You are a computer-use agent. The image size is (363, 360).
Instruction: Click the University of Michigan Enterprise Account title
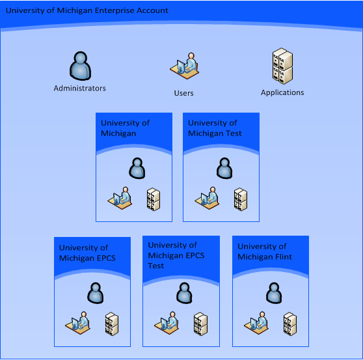[x=87, y=10]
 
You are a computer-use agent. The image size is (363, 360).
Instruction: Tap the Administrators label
[x=79, y=89]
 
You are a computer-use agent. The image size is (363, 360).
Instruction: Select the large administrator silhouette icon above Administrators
[x=80, y=66]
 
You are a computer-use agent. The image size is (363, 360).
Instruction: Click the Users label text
[x=183, y=93]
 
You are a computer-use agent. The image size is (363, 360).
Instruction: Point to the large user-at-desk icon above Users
[x=185, y=66]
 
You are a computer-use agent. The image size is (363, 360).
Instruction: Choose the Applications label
[x=282, y=92]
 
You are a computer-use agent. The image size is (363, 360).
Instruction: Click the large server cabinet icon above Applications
[x=282, y=66]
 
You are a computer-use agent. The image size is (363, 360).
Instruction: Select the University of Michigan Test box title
[x=215, y=128]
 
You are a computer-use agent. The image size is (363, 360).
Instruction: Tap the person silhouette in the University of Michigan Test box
[x=224, y=168]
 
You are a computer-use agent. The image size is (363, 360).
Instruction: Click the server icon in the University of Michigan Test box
[x=241, y=199]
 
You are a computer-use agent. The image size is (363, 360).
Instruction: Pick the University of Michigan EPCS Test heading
[x=176, y=255]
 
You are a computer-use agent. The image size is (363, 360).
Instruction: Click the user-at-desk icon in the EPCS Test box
[x=167, y=323]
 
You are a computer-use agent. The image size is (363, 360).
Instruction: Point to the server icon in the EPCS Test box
[x=200, y=324]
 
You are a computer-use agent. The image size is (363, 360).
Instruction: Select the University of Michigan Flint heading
[x=265, y=251]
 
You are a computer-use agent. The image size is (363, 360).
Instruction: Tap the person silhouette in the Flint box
[x=274, y=293]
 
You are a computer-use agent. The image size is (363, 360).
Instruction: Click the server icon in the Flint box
[x=290, y=324]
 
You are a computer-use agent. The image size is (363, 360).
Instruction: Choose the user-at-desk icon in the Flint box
[x=256, y=323]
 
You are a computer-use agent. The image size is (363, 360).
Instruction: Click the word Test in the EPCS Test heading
[x=155, y=266]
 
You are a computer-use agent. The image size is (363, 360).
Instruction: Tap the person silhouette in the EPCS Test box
[x=184, y=293]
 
